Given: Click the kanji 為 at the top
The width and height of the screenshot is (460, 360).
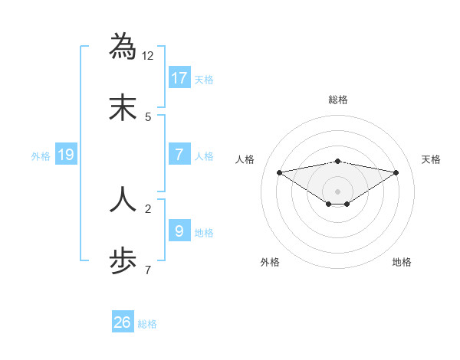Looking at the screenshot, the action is pyautogui.click(x=123, y=46).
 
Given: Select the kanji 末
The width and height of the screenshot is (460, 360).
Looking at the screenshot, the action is pyautogui.click(x=123, y=107).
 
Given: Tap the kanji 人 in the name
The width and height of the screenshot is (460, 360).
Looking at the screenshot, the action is pyautogui.click(x=123, y=198).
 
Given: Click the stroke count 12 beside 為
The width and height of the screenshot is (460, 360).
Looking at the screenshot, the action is pyautogui.click(x=148, y=56).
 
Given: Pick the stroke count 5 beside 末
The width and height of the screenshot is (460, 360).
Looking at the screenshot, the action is pyautogui.click(x=148, y=117).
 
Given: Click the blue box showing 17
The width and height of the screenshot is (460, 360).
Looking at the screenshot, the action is pyautogui.click(x=179, y=77).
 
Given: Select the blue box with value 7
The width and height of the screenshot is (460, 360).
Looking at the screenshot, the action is pyautogui.click(x=179, y=155).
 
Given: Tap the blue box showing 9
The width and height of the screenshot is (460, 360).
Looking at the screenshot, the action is pyautogui.click(x=179, y=231).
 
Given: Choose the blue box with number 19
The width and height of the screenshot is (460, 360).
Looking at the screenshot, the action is pyautogui.click(x=66, y=155).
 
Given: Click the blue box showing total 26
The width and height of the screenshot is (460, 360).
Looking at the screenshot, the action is pyautogui.click(x=122, y=322).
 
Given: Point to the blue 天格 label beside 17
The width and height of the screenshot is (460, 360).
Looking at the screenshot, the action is pyautogui.click(x=204, y=79).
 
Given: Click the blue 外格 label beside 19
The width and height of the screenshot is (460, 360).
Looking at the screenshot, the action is pyautogui.click(x=41, y=155).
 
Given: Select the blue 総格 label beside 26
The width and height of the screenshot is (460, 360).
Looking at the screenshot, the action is pyautogui.click(x=147, y=324).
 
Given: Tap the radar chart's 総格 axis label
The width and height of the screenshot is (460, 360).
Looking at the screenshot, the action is pyautogui.click(x=338, y=100).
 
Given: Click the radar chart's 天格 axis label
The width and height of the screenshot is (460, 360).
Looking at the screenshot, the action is pyautogui.click(x=432, y=159).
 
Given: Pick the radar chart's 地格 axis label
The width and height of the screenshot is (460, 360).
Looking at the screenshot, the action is pyautogui.click(x=402, y=262).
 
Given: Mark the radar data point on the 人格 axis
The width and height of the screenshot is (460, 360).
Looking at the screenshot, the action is pyautogui.click(x=279, y=172).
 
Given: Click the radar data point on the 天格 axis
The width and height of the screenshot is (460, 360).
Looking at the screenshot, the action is pyautogui.click(x=396, y=172).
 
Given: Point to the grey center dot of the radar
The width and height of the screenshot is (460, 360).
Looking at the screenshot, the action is pyautogui.click(x=338, y=191).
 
